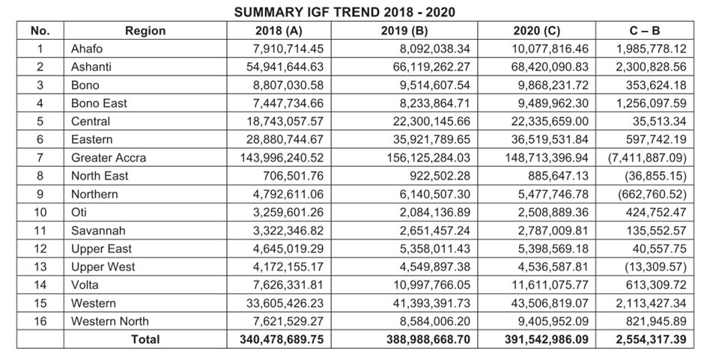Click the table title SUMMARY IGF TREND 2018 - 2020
coord(345,12)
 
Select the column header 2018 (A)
coord(279,31)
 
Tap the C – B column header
coord(645,31)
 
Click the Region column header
coord(145,31)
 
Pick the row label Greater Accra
coord(108,158)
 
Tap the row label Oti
coord(79,212)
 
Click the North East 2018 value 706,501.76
coord(293,176)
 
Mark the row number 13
coord(40,266)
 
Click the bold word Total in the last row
coord(145,339)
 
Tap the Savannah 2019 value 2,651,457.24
coord(435,231)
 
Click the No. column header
coord(40,31)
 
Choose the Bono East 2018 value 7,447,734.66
coord(288,103)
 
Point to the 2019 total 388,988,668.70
coord(428,339)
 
